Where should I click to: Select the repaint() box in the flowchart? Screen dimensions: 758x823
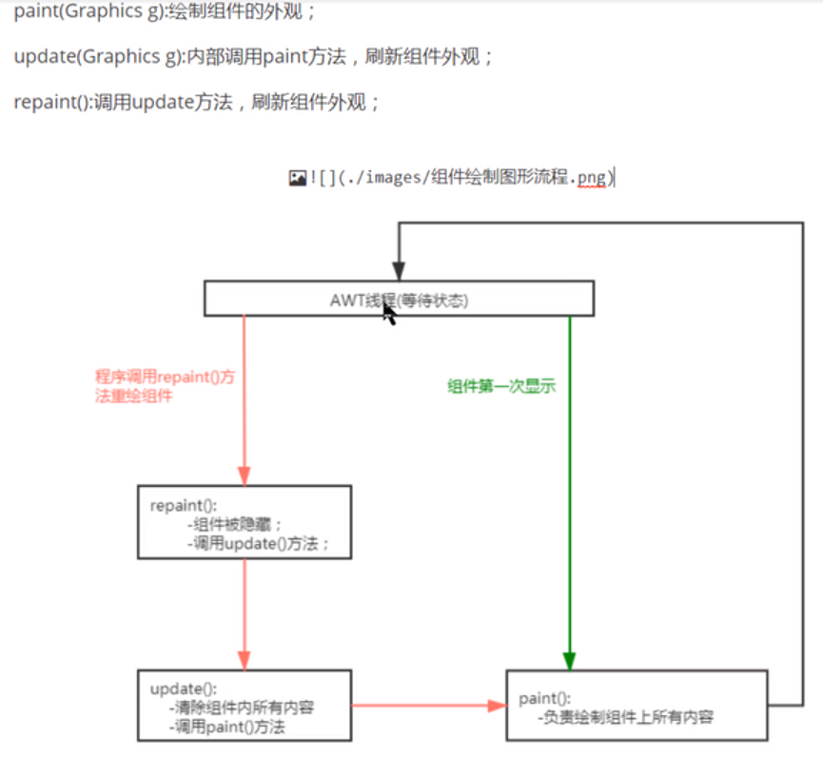point(245,522)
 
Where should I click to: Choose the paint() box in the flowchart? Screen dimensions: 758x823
point(637,706)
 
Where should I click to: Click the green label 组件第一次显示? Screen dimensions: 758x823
point(501,386)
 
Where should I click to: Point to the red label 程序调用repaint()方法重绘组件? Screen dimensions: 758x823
point(165,386)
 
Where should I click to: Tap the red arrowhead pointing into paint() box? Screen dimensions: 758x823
point(496,706)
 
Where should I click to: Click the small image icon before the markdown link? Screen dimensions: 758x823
point(297,178)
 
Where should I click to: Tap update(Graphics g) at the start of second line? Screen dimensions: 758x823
point(86,57)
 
